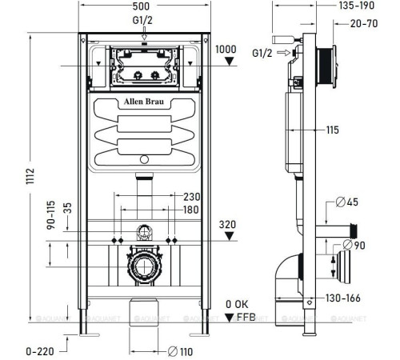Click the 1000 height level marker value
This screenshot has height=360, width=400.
226,50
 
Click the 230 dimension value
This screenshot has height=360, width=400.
192,198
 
